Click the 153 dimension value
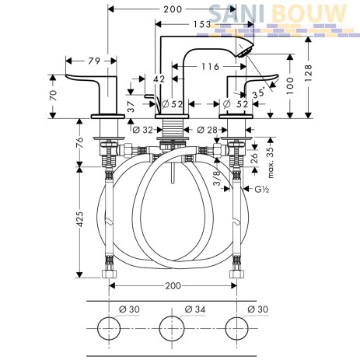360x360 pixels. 202,24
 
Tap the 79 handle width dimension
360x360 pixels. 94,61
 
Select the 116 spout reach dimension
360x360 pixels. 210,67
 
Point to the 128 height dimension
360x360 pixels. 309,73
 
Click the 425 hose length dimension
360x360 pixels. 80,219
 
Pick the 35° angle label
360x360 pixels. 259,93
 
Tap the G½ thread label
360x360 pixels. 262,189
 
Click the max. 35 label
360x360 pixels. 270,163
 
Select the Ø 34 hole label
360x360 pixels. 195,309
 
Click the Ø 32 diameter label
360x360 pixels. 143,130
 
